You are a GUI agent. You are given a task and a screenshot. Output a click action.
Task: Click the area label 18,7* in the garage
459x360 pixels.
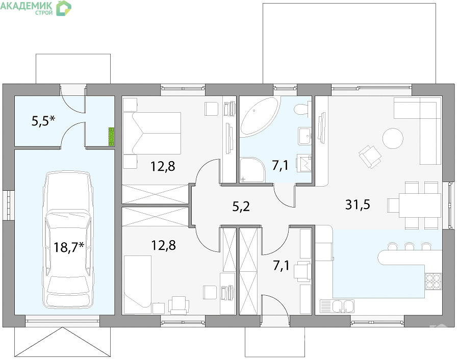point(69,247)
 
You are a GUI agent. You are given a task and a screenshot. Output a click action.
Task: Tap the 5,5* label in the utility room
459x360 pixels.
point(44,120)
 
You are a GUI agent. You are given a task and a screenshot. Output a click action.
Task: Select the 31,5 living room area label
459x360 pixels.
point(358,204)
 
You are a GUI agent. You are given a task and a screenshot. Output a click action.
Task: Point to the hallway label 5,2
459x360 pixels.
point(241,207)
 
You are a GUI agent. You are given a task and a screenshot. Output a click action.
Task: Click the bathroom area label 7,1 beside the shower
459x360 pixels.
point(280,166)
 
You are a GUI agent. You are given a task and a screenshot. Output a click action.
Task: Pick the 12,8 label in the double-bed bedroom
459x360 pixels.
point(163,166)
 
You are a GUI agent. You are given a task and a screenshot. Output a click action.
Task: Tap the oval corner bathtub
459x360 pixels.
point(259,117)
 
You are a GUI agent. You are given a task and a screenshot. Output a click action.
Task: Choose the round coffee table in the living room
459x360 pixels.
point(393,139)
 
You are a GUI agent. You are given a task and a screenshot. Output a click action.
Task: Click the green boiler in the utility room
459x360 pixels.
point(111,137)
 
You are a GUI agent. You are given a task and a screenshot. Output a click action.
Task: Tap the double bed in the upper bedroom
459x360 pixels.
point(152,133)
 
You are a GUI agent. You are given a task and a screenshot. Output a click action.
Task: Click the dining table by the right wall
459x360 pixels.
point(420,205)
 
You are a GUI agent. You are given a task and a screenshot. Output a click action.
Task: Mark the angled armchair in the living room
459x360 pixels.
point(370,157)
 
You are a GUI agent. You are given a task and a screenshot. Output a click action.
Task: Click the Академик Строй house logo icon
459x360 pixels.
point(64,8)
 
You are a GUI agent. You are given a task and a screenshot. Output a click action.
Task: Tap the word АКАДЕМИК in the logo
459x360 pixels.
point(27,6)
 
